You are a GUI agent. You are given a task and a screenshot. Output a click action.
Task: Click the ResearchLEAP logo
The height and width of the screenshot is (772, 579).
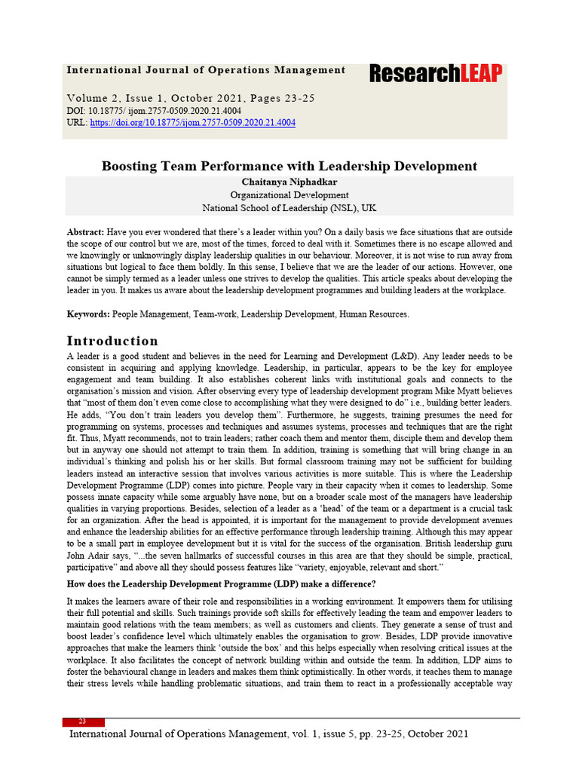click(x=436, y=73)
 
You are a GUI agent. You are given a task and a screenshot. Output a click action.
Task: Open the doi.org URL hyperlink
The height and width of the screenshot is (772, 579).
click(x=192, y=122)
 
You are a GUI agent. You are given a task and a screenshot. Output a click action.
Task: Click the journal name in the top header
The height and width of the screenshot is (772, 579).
click(x=206, y=70)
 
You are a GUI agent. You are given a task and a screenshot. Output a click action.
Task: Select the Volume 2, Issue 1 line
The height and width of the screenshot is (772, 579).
click(x=191, y=98)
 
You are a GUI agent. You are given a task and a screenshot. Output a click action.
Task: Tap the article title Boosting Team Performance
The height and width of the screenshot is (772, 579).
click(x=289, y=166)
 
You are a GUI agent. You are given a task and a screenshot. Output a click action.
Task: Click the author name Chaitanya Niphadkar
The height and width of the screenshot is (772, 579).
click(x=289, y=182)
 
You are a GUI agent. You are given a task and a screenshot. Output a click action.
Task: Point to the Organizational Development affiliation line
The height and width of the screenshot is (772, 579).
click(x=289, y=195)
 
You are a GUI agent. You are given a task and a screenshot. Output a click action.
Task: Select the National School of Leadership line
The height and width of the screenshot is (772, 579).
click(x=289, y=207)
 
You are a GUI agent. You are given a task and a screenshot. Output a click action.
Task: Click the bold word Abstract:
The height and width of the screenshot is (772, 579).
click(x=85, y=232)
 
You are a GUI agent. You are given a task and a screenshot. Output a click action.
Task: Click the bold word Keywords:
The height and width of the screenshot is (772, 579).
click(x=88, y=313)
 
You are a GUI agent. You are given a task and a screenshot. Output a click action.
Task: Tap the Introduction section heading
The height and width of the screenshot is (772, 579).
click(x=112, y=341)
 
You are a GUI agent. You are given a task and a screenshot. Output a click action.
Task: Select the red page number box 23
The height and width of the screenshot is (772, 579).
click(x=83, y=721)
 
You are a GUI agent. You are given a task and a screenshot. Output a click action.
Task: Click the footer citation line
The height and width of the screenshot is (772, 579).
click(x=268, y=734)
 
